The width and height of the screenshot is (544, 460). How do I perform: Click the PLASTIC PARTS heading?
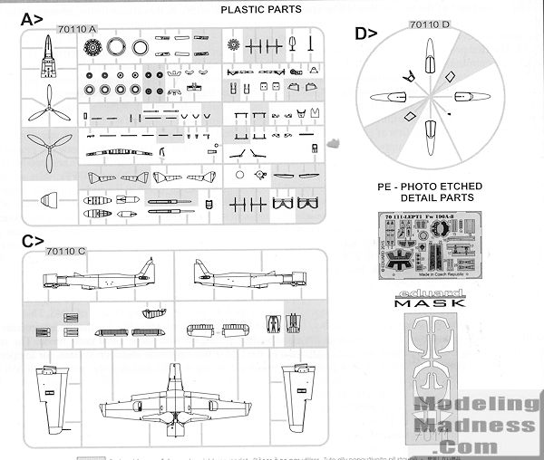pyautogui.click(x=262, y=10)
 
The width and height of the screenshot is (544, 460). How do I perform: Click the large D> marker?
pyautogui.click(x=366, y=35)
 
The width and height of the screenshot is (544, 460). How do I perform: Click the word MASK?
pyautogui.click(x=431, y=303)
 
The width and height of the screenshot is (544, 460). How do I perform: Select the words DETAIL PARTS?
pyautogui.click(x=432, y=196)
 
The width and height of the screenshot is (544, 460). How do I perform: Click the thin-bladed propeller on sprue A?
pyautogui.click(x=40, y=110)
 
